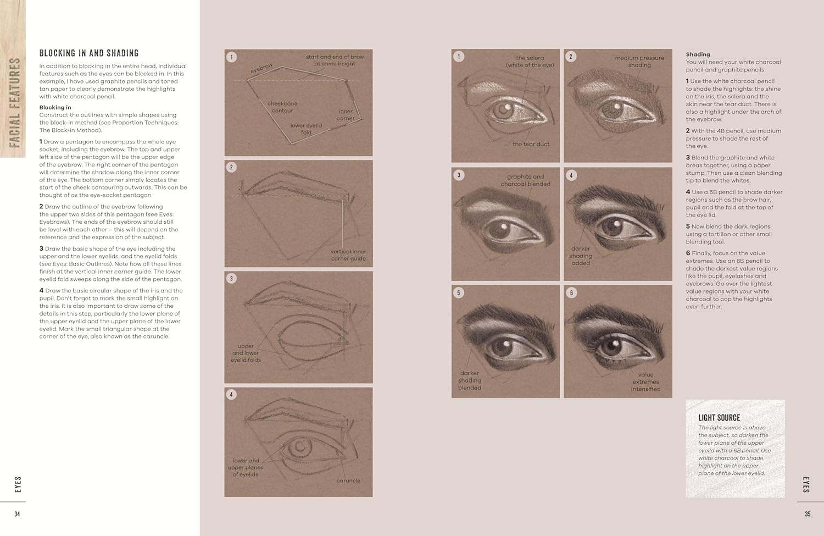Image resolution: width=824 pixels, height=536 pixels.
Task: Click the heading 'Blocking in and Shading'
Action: (x=89, y=53)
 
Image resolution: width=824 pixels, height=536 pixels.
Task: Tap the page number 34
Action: (x=17, y=514)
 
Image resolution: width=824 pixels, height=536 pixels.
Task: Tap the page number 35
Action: (x=808, y=514)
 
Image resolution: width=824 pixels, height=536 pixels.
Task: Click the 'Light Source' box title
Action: (x=719, y=418)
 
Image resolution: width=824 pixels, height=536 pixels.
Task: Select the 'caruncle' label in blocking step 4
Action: (x=348, y=480)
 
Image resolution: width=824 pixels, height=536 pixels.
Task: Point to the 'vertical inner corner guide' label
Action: (x=348, y=255)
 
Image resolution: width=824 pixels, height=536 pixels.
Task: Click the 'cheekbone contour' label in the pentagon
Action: (x=282, y=107)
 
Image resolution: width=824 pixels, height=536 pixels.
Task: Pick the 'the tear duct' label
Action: (x=531, y=144)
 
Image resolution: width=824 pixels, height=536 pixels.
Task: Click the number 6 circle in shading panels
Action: (x=571, y=293)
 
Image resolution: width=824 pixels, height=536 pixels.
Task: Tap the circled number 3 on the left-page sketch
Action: (x=231, y=278)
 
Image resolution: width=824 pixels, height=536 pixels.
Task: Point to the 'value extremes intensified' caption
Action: (x=645, y=382)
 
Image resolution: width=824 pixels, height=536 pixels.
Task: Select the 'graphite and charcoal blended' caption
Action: (x=526, y=180)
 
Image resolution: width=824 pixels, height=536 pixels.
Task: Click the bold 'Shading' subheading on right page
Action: (x=698, y=54)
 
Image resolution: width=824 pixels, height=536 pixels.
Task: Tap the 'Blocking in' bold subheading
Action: (x=55, y=107)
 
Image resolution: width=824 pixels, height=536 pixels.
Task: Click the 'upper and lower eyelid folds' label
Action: (x=246, y=353)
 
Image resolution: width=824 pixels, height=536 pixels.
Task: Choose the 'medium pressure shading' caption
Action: (x=639, y=61)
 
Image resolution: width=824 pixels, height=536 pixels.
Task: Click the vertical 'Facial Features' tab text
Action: (x=14, y=103)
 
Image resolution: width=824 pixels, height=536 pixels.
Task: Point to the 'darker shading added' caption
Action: (x=581, y=256)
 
